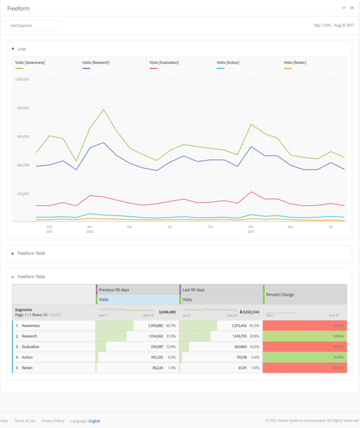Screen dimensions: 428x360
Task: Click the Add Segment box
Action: pyautogui.click(x=32, y=25)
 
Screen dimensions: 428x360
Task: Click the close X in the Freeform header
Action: pyautogui.click(x=352, y=8)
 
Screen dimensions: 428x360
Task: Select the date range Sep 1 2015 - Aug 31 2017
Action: pyautogui.click(x=333, y=25)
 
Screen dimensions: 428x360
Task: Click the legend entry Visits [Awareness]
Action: pyautogui.click(x=30, y=62)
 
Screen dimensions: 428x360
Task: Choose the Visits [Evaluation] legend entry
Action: pyautogui.click(x=164, y=62)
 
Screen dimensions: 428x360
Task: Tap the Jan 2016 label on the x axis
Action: pyautogui.click(x=89, y=229)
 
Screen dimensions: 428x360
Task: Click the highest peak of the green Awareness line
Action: pyautogui.click(x=104, y=109)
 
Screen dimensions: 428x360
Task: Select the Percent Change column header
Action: pyautogui.click(x=280, y=295)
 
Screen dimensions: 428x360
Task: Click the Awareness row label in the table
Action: pyautogui.click(x=31, y=326)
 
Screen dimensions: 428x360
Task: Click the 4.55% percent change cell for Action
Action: pyautogui.click(x=337, y=358)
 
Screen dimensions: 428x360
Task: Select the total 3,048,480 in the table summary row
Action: pyautogui.click(x=167, y=312)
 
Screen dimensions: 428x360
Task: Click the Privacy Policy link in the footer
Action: pyautogui.click(x=53, y=421)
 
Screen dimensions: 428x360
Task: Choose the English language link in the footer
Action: pyautogui.click(x=94, y=421)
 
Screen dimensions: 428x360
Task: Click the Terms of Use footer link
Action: pyautogui.click(x=24, y=421)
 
